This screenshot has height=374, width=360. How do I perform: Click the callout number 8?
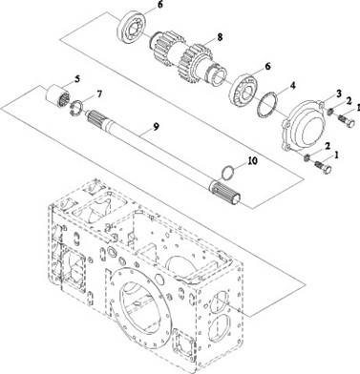click(x=219, y=37)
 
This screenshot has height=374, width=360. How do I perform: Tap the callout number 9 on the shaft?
click(x=156, y=126)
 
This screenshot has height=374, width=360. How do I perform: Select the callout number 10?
click(x=252, y=161)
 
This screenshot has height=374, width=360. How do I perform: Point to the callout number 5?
click(x=77, y=78)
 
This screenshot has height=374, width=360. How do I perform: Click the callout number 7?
click(x=99, y=94)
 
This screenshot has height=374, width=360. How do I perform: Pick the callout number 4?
click(x=292, y=85)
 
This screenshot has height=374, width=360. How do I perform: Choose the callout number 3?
click(x=339, y=93)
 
